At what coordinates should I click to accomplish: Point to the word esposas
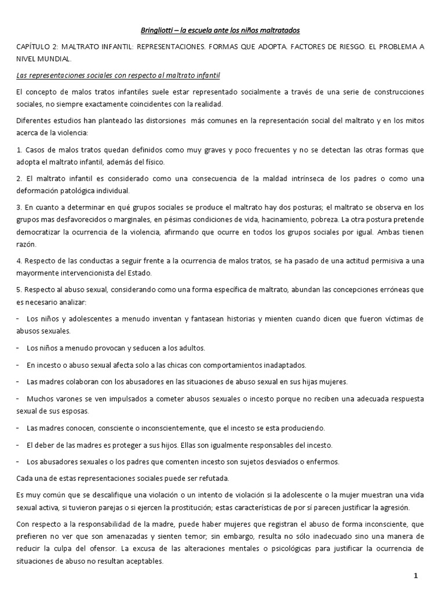click(x=94, y=411)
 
